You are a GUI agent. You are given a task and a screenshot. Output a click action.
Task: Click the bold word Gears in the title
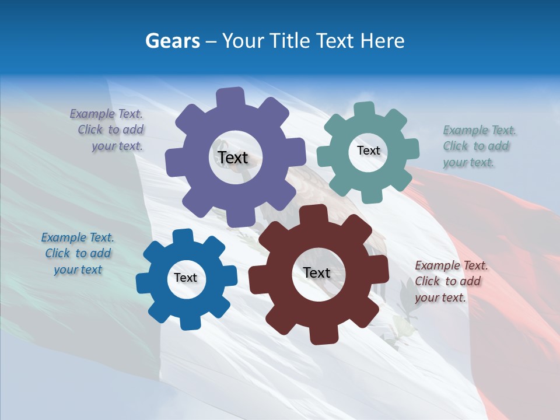pos(172,41)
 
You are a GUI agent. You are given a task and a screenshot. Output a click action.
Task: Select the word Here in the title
pos(383,41)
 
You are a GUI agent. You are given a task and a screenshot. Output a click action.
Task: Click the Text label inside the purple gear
pos(233,157)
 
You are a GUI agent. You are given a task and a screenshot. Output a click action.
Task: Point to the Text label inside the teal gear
pos(368,150)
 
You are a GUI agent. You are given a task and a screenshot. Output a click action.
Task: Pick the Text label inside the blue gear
pos(185,278)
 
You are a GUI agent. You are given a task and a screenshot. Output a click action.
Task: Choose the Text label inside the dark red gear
pos(317,272)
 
